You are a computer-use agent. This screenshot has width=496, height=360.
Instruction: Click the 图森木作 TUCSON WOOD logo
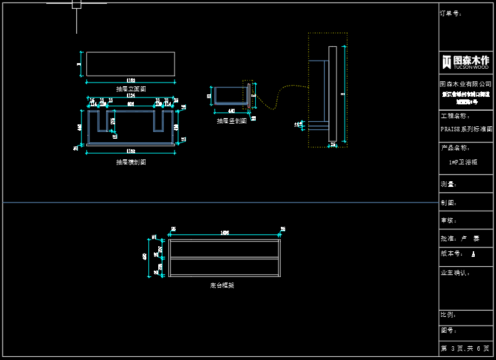(465, 61)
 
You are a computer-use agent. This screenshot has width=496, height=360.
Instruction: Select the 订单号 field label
(450, 12)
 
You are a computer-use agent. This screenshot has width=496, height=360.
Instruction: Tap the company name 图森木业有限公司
(465, 84)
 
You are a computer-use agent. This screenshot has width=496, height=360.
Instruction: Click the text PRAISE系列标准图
(466, 129)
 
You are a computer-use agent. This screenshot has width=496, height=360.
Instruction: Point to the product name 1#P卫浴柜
(463, 162)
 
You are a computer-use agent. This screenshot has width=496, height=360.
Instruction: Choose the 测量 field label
(448, 185)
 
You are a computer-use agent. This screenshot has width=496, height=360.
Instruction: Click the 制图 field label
(448, 202)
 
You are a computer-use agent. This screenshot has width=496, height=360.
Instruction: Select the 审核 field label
(448, 221)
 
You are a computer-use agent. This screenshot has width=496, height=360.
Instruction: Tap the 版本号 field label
(452, 254)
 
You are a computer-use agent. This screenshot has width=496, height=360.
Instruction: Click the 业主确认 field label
(455, 272)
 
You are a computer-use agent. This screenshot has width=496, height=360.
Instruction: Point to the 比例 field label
(448, 315)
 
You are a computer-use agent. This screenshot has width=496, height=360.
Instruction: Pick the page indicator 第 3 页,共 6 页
(465, 348)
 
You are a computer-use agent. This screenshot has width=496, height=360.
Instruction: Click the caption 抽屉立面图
(131, 89)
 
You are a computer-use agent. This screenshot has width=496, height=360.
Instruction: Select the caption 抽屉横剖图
(131, 162)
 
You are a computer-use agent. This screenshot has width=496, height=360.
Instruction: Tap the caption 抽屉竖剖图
(231, 121)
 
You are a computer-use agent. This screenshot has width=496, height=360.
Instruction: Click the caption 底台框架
(222, 285)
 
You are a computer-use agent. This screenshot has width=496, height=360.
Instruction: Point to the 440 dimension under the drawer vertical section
(231, 111)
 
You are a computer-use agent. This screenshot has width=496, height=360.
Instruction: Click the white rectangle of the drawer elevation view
(130, 64)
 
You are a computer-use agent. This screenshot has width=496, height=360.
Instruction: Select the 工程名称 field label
(455, 116)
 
